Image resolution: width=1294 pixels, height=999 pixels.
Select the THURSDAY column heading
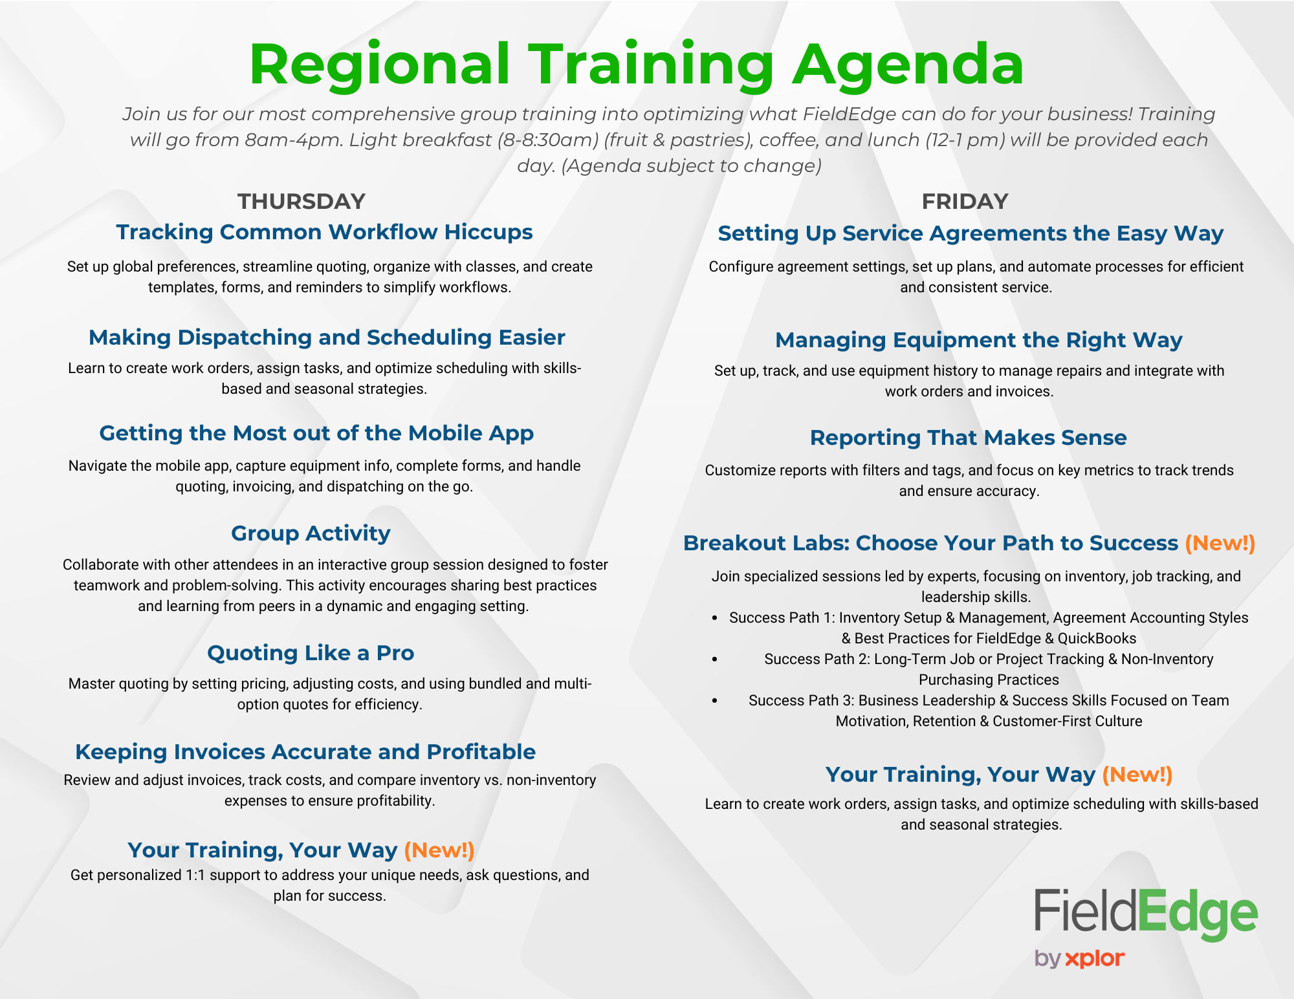302,201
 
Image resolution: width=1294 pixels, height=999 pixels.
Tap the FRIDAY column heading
964,201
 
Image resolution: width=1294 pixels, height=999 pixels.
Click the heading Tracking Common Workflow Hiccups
324,232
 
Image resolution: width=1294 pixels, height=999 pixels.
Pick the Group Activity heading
311,533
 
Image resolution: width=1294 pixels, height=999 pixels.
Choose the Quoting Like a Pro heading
311,652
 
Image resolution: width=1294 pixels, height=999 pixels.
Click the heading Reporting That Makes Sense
968,438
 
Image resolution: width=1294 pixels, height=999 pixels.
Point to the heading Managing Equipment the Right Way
978,340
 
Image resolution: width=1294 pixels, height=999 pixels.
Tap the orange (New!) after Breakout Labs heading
1220,543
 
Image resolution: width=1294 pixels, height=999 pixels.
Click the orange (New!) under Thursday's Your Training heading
439,850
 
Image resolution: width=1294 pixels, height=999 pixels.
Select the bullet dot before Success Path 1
715,618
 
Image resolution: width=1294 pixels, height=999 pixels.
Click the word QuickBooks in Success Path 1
1097,638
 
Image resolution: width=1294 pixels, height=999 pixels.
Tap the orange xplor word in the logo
1095,958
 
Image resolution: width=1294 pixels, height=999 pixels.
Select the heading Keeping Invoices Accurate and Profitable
305,751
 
